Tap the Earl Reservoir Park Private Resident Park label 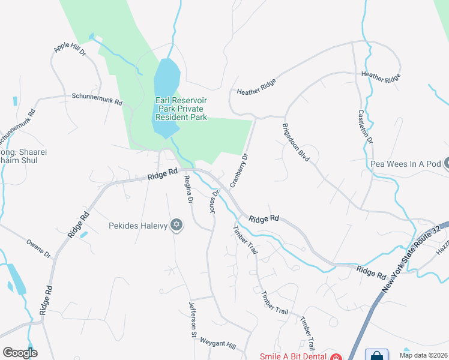pos(181,109)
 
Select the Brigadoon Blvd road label pos(295,143)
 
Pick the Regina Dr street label pos(188,191)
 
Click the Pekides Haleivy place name pos(139,226)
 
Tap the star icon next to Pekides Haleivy pos(176,226)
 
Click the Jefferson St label pos(194,317)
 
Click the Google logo pos(20,353)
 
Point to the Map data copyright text pos(424,355)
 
